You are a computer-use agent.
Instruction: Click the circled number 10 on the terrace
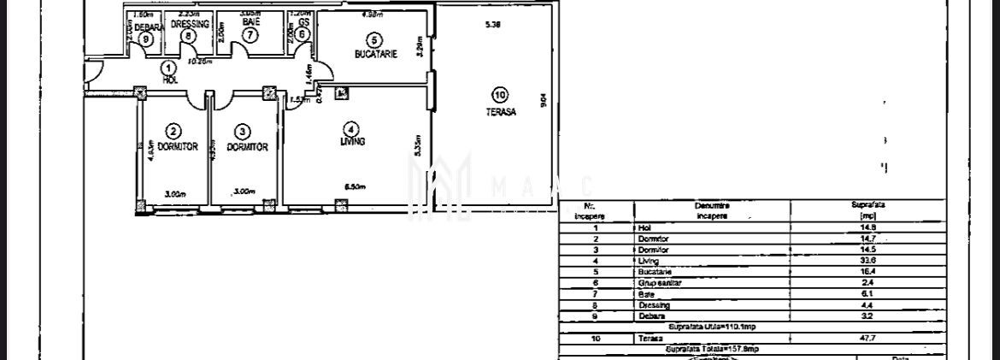coord(500,94)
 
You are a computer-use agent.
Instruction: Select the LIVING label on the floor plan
coord(352,142)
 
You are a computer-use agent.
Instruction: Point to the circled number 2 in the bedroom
coord(174,131)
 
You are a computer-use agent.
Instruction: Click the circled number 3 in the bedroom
coord(244,131)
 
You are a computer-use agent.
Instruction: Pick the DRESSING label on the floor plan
coord(189,25)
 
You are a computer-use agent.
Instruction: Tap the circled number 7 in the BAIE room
coord(250,36)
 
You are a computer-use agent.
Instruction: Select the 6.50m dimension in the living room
coord(355,186)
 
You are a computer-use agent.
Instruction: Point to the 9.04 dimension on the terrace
coord(544,100)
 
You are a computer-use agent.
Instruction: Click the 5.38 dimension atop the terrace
coord(492,25)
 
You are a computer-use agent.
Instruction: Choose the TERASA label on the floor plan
coord(500,110)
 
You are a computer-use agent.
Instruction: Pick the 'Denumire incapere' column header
coord(712,210)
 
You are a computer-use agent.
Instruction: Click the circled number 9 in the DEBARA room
coord(146,38)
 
